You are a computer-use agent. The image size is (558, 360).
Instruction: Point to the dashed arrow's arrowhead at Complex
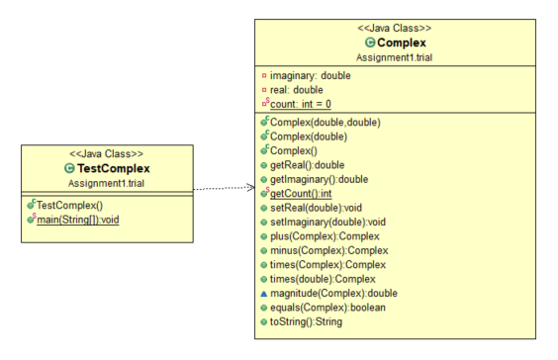[250, 187]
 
